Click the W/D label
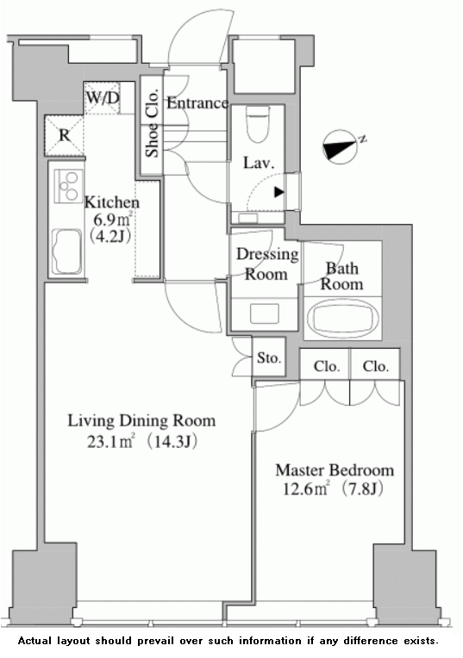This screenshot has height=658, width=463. click(103, 98)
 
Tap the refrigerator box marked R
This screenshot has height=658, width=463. click(64, 134)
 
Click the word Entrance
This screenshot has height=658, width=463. click(197, 103)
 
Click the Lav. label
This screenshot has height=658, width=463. click(258, 161)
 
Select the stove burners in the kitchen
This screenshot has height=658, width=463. click(66, 184)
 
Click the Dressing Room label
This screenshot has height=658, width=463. click(267, 264)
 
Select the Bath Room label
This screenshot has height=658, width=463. click(342, 276)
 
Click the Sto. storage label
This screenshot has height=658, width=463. click(268, 358)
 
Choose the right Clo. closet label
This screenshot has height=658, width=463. click(375, 366)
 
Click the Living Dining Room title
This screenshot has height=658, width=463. click(142, 421)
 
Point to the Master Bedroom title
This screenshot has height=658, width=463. click(335, 470)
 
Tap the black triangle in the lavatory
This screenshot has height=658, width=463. click(278, 192)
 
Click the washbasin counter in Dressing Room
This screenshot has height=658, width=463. click(265, 313)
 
